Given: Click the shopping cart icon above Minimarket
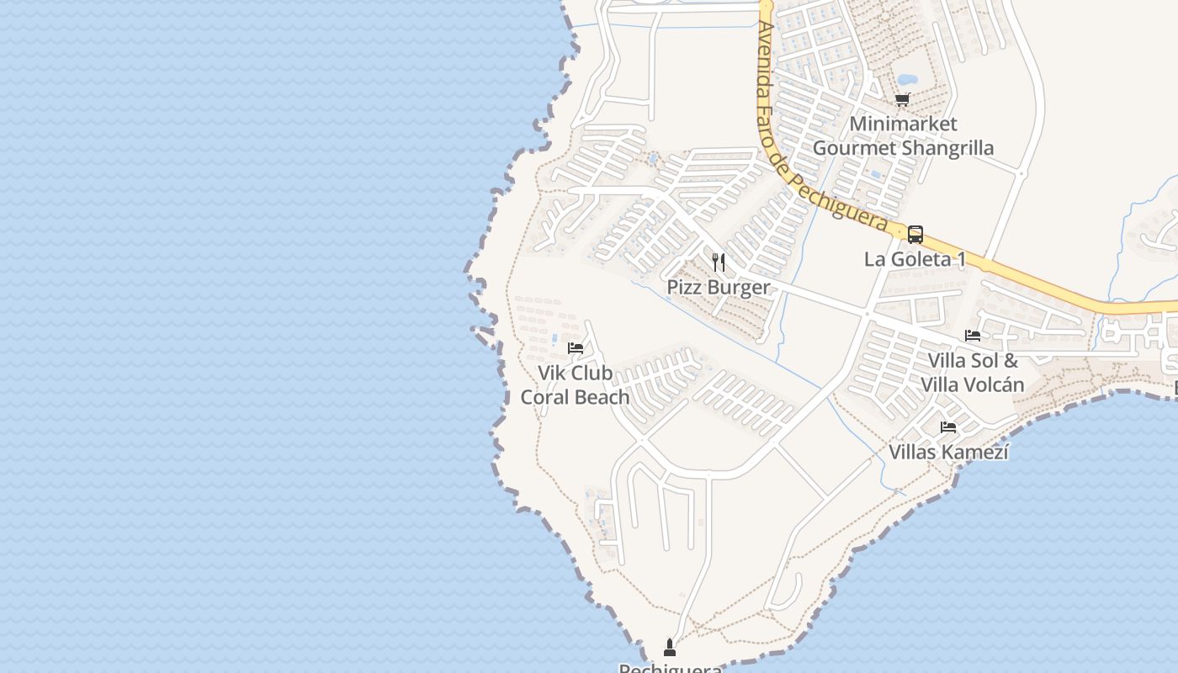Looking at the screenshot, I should pyautogui.click(x=903, y=100).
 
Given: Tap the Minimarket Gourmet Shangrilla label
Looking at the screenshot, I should pyautogui.click(x=903, y=136).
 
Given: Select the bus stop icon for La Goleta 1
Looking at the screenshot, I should pyautogui.click(x=915, y=235).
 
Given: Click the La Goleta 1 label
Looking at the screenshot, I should pyautogui.click(x=915, y=259).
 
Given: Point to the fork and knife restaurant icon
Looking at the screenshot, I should pyautogui.click(x=718, y=262).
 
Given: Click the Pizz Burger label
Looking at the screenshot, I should pyautogui.click(x=718, y=287).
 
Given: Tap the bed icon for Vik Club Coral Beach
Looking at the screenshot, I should pyautogui.click(x=576, y=347).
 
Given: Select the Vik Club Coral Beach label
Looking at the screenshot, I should pyautogui.click(x=576, y=385).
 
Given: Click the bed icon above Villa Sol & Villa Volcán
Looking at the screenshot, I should pyautogui.click(x=973, y=336).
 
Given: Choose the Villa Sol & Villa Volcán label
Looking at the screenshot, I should pyautogui.click(x=973, y=373).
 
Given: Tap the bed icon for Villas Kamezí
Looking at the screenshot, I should pyautogui.click(x=948, y=427).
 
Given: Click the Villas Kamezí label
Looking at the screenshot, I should pyautogui.click(x=948, y=452).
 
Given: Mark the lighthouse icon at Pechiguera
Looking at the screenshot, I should pyautogui.click(x=670, y=647).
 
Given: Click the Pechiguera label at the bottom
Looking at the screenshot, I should pyautogui.click(x=670, y=668).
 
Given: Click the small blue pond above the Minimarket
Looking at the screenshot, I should pyautogui.click(x=907, y=81).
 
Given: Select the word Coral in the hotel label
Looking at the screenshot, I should pyautogui.click(x=545, y=397).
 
